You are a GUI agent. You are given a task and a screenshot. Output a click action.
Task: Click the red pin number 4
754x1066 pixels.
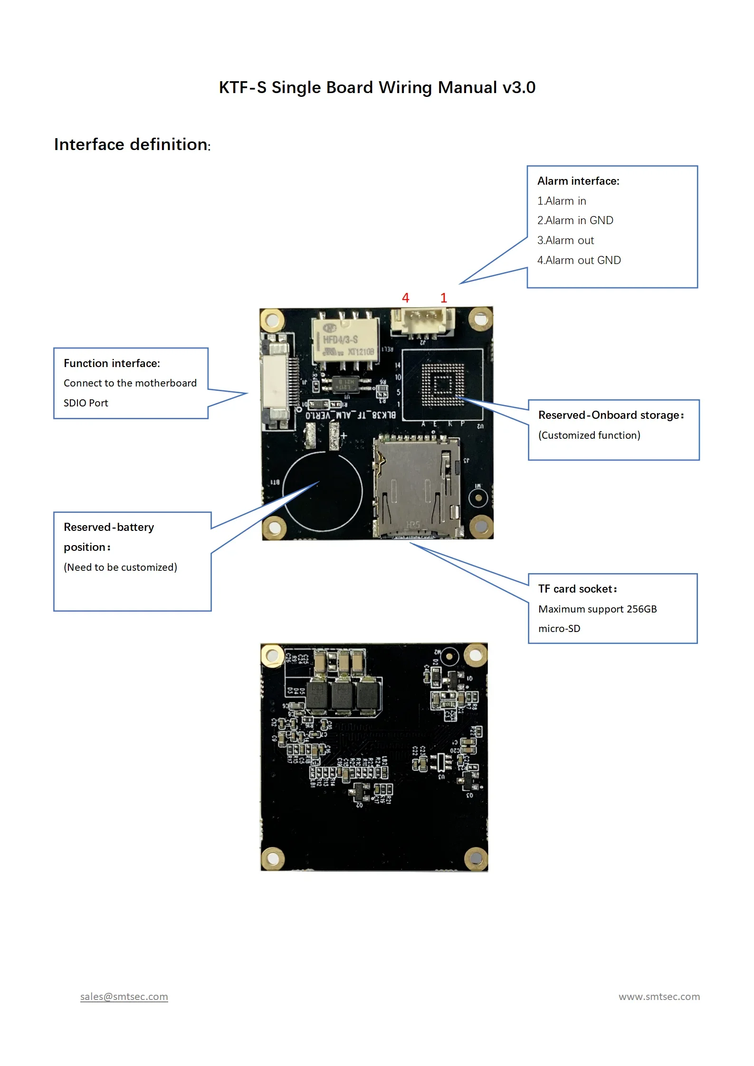tap(405, 298)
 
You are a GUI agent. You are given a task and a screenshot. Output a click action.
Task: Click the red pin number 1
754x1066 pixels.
tap(443, 298)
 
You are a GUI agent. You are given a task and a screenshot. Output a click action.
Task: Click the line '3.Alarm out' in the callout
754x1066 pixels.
tap(565, 240)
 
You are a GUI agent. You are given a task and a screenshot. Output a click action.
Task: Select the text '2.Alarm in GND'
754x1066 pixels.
tap(575, 220)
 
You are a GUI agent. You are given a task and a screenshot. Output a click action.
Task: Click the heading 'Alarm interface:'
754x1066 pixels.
tap(578, 181)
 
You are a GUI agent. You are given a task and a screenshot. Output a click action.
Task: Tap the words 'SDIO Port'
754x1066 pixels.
tap(86, 403)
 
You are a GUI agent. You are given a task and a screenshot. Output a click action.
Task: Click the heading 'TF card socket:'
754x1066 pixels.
tap(577, 589)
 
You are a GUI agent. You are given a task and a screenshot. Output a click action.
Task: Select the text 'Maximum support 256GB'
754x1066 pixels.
tap(597, 609)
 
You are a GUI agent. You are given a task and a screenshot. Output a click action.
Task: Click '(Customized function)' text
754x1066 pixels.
tap(589, 435)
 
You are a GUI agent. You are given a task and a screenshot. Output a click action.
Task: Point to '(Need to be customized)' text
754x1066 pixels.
tap(120, 567)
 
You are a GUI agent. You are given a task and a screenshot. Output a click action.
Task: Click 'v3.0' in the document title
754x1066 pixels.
tap(519, 87)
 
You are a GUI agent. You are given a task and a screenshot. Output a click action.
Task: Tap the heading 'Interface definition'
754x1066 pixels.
tap(131, 144)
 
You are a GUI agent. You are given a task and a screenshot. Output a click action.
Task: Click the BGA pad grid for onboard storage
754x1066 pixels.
tap(443, 385)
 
